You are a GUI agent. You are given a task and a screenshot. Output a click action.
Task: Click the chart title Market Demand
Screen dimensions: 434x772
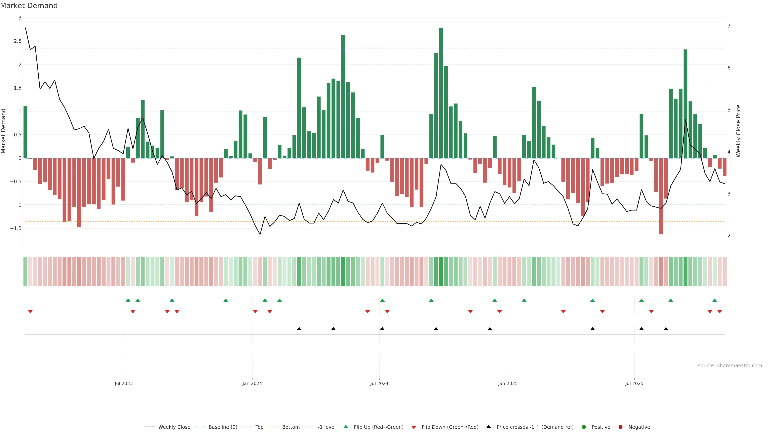(29, 6)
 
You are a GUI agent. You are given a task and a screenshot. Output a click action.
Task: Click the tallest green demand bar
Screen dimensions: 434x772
(441, 93)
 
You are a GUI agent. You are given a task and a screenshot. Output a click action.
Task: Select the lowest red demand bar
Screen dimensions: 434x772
(661, 196)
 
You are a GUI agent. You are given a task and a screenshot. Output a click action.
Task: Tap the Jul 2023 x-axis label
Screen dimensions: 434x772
(123, 383)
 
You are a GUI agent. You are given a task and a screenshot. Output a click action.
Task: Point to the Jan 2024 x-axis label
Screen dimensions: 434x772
(252, 383)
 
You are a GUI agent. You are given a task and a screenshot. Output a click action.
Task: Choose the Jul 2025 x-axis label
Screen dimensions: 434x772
(634, 383)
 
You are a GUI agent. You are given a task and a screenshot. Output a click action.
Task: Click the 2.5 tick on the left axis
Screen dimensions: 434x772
(18, 41)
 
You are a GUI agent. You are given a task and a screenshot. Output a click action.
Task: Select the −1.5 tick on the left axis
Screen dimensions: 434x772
(16, 228)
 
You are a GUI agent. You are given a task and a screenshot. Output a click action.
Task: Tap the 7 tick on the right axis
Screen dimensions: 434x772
(729, 26)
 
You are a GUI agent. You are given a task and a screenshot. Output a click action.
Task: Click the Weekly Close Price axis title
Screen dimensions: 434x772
(738, 131)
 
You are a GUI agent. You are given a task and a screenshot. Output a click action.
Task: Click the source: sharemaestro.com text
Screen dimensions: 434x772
(730, 366)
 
